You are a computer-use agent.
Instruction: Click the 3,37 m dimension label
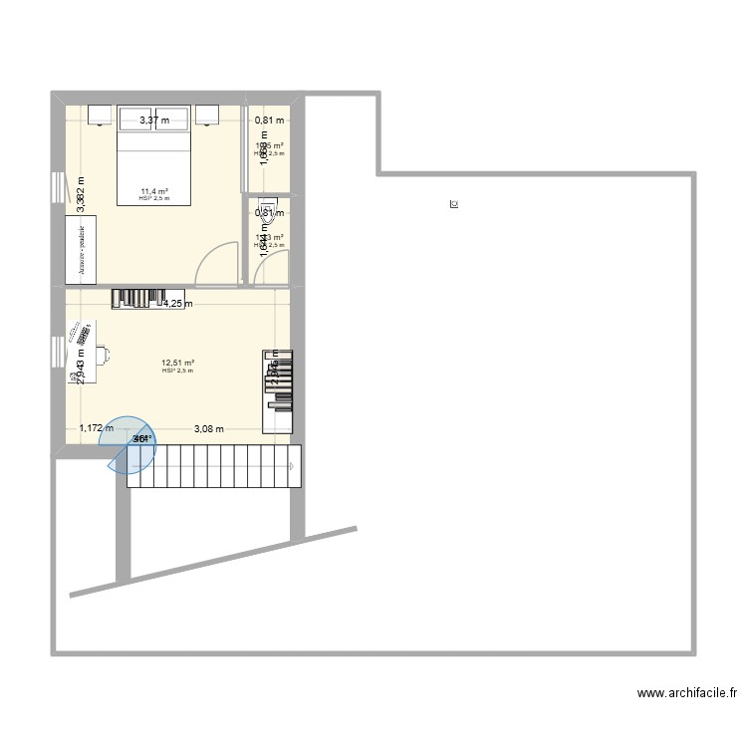tap(154, 121)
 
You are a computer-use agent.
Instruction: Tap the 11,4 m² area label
tap(154, 191)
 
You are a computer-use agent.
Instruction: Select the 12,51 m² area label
tap(178, 364)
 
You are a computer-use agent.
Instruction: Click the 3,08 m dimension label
tap(208, 429)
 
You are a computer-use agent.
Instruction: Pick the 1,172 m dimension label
tap(97, 429)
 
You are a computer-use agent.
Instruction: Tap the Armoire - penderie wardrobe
tap(82, 244)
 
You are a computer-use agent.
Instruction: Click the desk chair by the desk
tap(103, 353)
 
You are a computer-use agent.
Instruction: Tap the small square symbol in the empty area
tap(454, 205)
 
